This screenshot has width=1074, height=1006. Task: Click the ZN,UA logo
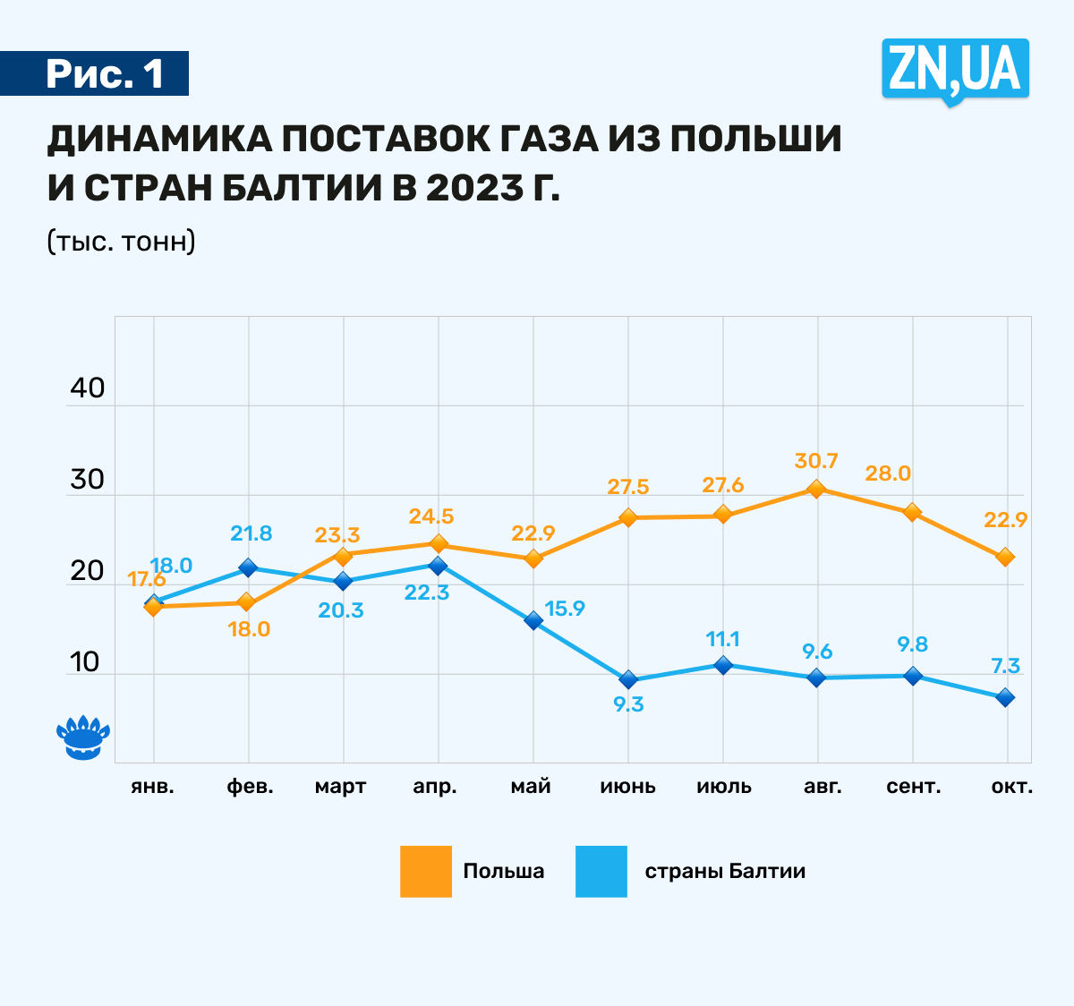click(x=955, y=70)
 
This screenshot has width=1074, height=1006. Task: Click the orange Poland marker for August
click(x=815, y=489)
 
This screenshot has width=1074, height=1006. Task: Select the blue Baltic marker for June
click(x=628, y=679)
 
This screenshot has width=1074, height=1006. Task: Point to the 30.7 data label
click(x=815, y=461)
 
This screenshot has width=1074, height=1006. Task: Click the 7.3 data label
click(x=1005, y=666)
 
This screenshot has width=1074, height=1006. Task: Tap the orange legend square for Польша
click(x=426, y=871)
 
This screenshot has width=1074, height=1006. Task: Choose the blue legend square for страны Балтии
click(x=601, y=871)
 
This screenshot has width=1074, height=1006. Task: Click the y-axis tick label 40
click(x=87, y=388)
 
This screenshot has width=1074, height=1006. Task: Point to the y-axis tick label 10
click(x=85, y=662)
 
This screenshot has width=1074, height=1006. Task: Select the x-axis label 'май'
click(x=531, y=787)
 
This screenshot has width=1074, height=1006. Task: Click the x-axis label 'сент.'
click(x=913, y=787)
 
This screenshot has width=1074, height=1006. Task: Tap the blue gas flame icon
click(x=83, y=737)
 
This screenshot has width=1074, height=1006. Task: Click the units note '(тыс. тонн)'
click(x=121, y=242)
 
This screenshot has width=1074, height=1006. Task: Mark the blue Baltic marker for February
click(x=248, y=567)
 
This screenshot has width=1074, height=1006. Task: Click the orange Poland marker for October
click(x=1005, y=557)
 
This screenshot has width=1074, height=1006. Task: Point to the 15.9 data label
click(x=564, y=609)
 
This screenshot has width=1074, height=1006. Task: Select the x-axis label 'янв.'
click(x=152, y=787)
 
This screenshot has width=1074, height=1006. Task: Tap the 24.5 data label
click(x=431, y=516)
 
